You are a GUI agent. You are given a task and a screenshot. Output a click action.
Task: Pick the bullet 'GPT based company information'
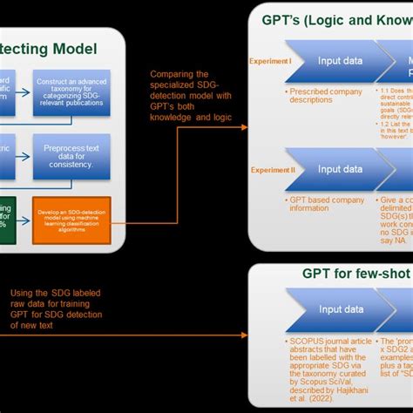coord(327,204)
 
